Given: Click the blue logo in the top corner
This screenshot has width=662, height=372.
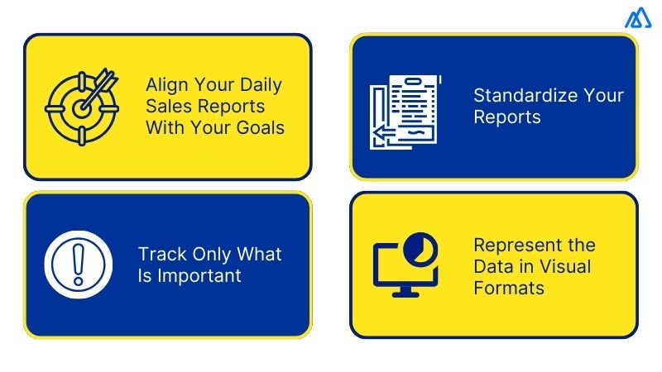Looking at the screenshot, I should pos(638,18).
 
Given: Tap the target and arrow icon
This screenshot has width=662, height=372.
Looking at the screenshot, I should pos(82,107).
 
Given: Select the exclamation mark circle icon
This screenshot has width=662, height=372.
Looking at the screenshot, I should pos(77,264).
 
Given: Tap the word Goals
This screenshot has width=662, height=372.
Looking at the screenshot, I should pos(257,128).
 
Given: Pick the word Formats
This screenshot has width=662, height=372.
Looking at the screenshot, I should pos(509,289).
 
